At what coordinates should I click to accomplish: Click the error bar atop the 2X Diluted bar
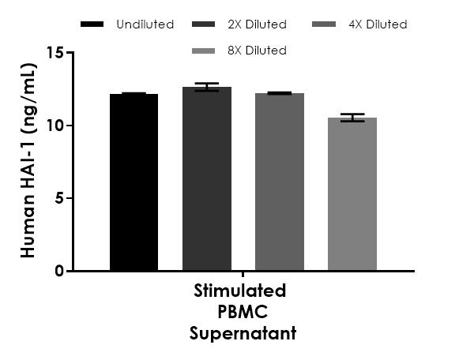tap(206, 87)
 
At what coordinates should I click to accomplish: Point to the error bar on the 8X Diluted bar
tap(352, 118)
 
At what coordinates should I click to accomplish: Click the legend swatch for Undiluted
tap(92, 24)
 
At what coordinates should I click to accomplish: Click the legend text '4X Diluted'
tap(378, 24)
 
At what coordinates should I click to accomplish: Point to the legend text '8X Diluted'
tap(257, 51)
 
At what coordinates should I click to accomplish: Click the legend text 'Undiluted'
tap(145, 24)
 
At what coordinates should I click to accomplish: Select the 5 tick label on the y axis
tap(58, 198)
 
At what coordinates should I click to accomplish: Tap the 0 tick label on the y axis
tap(58, 271)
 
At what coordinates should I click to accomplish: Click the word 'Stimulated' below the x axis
tap(240, 291)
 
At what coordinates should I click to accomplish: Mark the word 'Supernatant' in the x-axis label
tap(243, 333)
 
